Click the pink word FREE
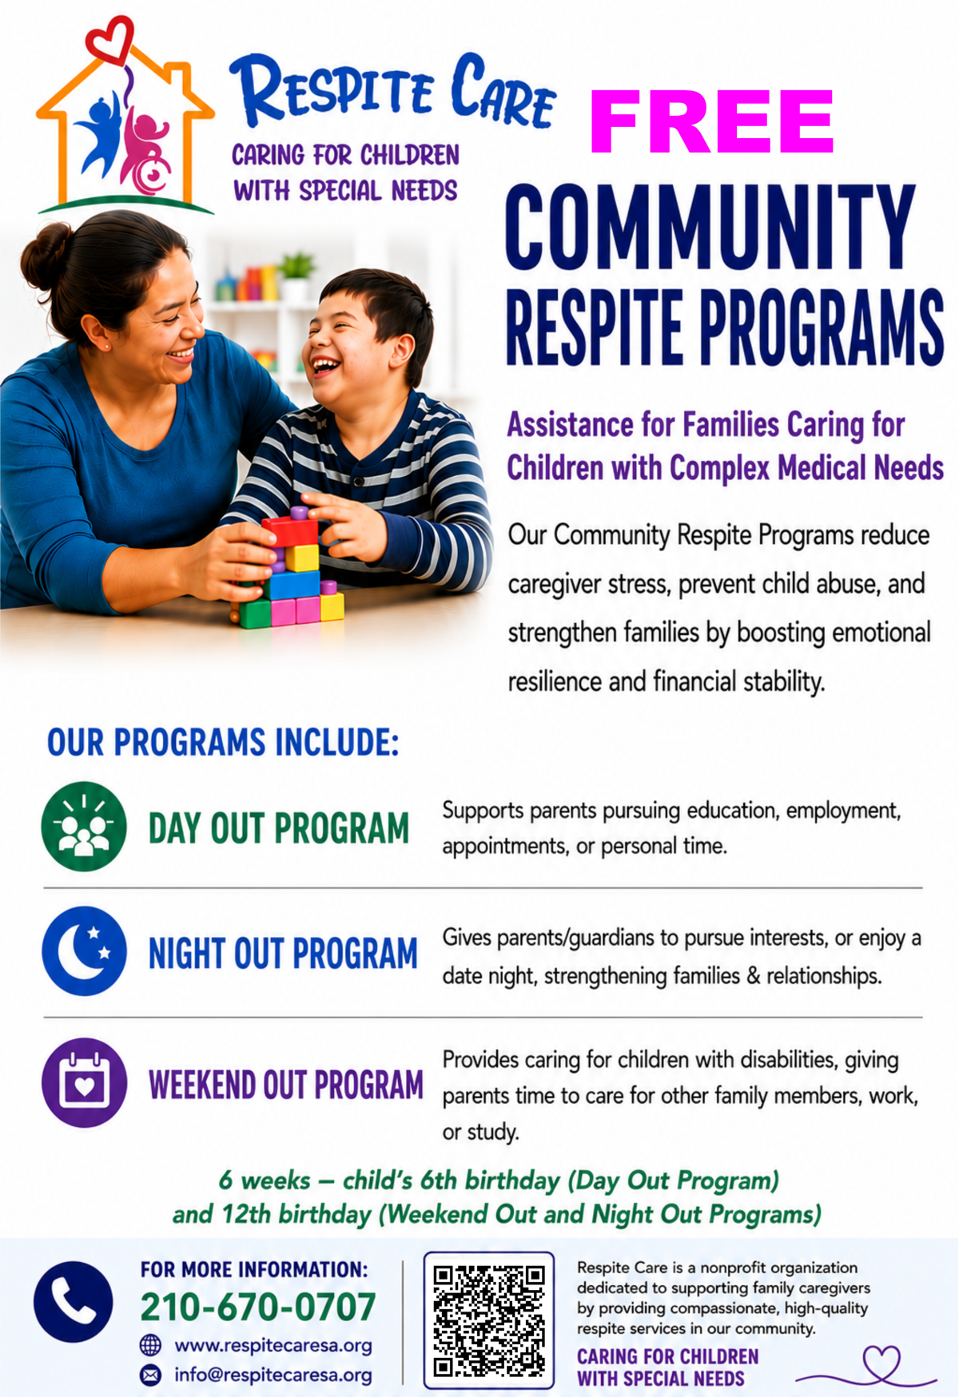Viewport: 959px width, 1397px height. (711, 121)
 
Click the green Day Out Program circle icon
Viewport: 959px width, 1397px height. (84, 826)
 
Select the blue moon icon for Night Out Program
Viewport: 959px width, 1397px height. (84, 951)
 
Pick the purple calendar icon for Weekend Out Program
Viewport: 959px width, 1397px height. (84, 1082)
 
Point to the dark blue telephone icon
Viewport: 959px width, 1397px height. (74, 1302)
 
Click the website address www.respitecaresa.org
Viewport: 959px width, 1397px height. (273, 1345)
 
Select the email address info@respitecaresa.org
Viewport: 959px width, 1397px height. (273, 1375)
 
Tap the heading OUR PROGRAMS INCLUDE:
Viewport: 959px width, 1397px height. (223, 742)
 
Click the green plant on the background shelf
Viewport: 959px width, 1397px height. (296, 266)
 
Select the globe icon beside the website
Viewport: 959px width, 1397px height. (150, 1345)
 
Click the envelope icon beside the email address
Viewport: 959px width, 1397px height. (150, 1375)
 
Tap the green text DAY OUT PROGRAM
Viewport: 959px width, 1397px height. (279, 828)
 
